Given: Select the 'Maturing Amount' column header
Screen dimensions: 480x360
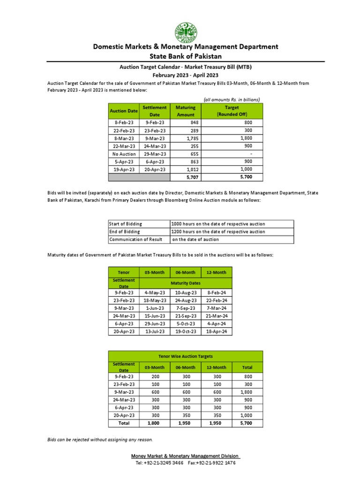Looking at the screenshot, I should (x=185, y=111).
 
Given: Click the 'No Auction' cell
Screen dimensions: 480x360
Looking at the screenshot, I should (x=124, y=154).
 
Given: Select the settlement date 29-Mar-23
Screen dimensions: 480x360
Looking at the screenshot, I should (x=155, y=154).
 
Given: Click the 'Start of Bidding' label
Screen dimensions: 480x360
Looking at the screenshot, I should (x=125, y=224).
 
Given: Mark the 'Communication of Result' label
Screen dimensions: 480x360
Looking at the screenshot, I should (x=135, y=240).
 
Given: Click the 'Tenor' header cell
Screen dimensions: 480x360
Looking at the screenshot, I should (x=124, y=272).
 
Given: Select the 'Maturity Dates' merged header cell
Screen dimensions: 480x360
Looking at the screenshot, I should (x=185, y=283).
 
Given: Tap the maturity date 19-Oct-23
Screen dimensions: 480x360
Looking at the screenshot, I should (x=185, y=331).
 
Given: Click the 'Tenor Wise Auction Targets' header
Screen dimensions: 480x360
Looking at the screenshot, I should (x=185, y=357).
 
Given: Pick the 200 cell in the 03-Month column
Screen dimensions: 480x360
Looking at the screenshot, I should (x=155, y=376).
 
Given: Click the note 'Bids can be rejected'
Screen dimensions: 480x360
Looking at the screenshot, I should (x=100, y=440).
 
